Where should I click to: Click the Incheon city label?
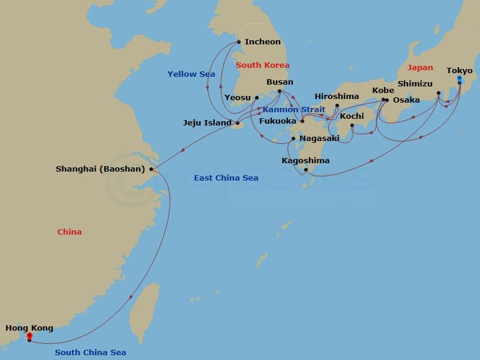click(x=263, y=42)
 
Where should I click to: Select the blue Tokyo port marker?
click(x=459, y=79)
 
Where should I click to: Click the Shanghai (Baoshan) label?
click(x=100, y=169)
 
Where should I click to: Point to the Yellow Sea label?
click(x=190, y=74)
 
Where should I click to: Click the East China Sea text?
click(x=226, y=178)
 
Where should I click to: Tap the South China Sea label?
click(x=91, y=353)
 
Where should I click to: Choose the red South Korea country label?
click(x=263, y=65)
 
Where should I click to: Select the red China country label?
click(x=70, y=232)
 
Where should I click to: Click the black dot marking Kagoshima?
click(x=306, y=170)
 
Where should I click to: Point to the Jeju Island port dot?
click(x=238, y=123)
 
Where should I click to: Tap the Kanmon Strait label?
click(x=293, y=110)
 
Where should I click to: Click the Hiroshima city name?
click(x=337, y=96)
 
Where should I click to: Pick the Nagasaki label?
click(x=320, y=139)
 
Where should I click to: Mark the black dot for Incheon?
click(x=239, y=42)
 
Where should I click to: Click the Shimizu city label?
click(x=415, y=84)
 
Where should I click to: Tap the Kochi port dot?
click(x=352, y=125)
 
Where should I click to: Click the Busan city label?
click(x=280, y=82)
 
